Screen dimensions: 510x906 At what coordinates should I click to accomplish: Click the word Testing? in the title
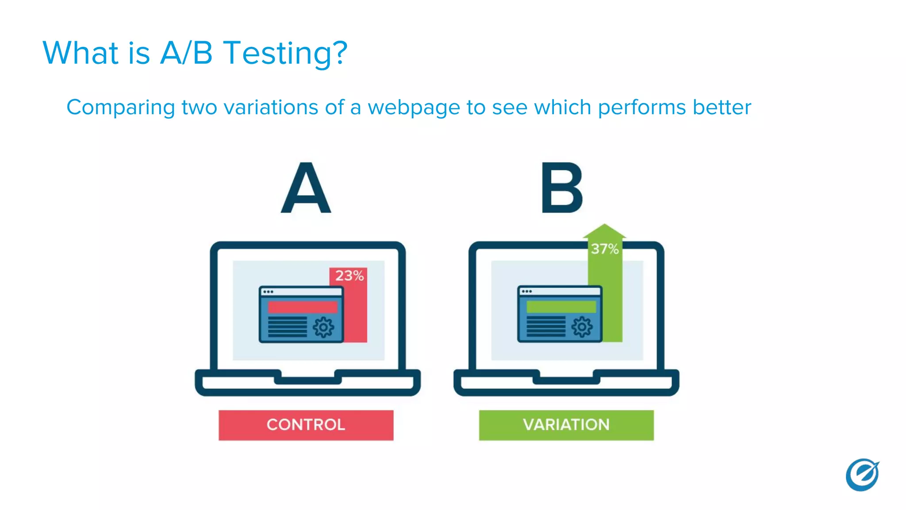point(285,53)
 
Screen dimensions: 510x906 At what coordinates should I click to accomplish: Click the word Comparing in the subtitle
point(120,108)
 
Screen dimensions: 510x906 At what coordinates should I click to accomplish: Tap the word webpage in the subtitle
point(414,108)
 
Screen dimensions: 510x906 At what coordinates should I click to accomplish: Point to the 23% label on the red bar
point(349,276)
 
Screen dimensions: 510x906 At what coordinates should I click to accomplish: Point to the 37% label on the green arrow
point(604,249)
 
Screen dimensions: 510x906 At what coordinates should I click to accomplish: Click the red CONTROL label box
point(306,425)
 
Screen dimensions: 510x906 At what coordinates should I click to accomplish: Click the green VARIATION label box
point(566,425)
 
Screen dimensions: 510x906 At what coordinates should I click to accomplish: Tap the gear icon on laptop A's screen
point(323,328)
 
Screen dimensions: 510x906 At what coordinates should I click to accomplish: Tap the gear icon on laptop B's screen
point(582,328)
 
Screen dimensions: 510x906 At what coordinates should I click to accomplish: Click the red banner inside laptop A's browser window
point(303,307)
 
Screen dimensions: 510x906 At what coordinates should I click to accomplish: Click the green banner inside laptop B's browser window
point(561,307)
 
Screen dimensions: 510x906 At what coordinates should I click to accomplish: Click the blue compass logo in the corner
point(862,475)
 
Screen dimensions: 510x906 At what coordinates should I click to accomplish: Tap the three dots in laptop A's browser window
point(268,292)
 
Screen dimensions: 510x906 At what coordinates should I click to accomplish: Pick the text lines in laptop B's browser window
point(545,327)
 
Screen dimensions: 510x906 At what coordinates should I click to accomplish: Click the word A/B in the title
point(186,53)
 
